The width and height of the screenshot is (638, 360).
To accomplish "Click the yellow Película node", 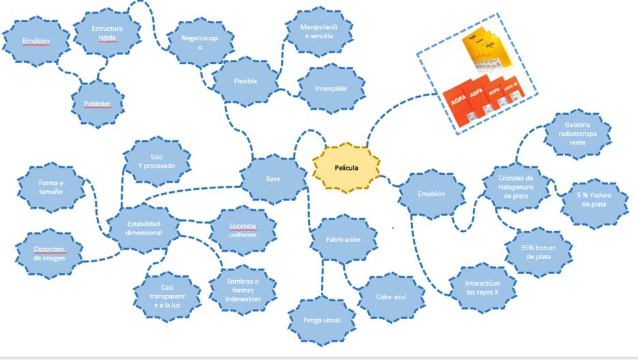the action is click(x=346, y=167).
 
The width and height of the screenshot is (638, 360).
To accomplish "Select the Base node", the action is click(x=272, y=179).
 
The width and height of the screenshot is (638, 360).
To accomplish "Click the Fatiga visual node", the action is click(x=322, y=319).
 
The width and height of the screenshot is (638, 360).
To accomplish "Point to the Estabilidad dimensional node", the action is click(x=145, y=228).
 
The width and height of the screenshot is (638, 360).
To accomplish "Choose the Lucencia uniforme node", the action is click(x=243, y=230).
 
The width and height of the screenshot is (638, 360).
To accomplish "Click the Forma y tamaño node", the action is click(x=50, y=187).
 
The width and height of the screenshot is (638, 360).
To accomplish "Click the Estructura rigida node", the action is click(x=107, y=33).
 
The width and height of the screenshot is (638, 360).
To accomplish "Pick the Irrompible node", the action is click(x=331, y=89).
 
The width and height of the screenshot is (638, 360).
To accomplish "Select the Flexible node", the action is click(x=245, y=81).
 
